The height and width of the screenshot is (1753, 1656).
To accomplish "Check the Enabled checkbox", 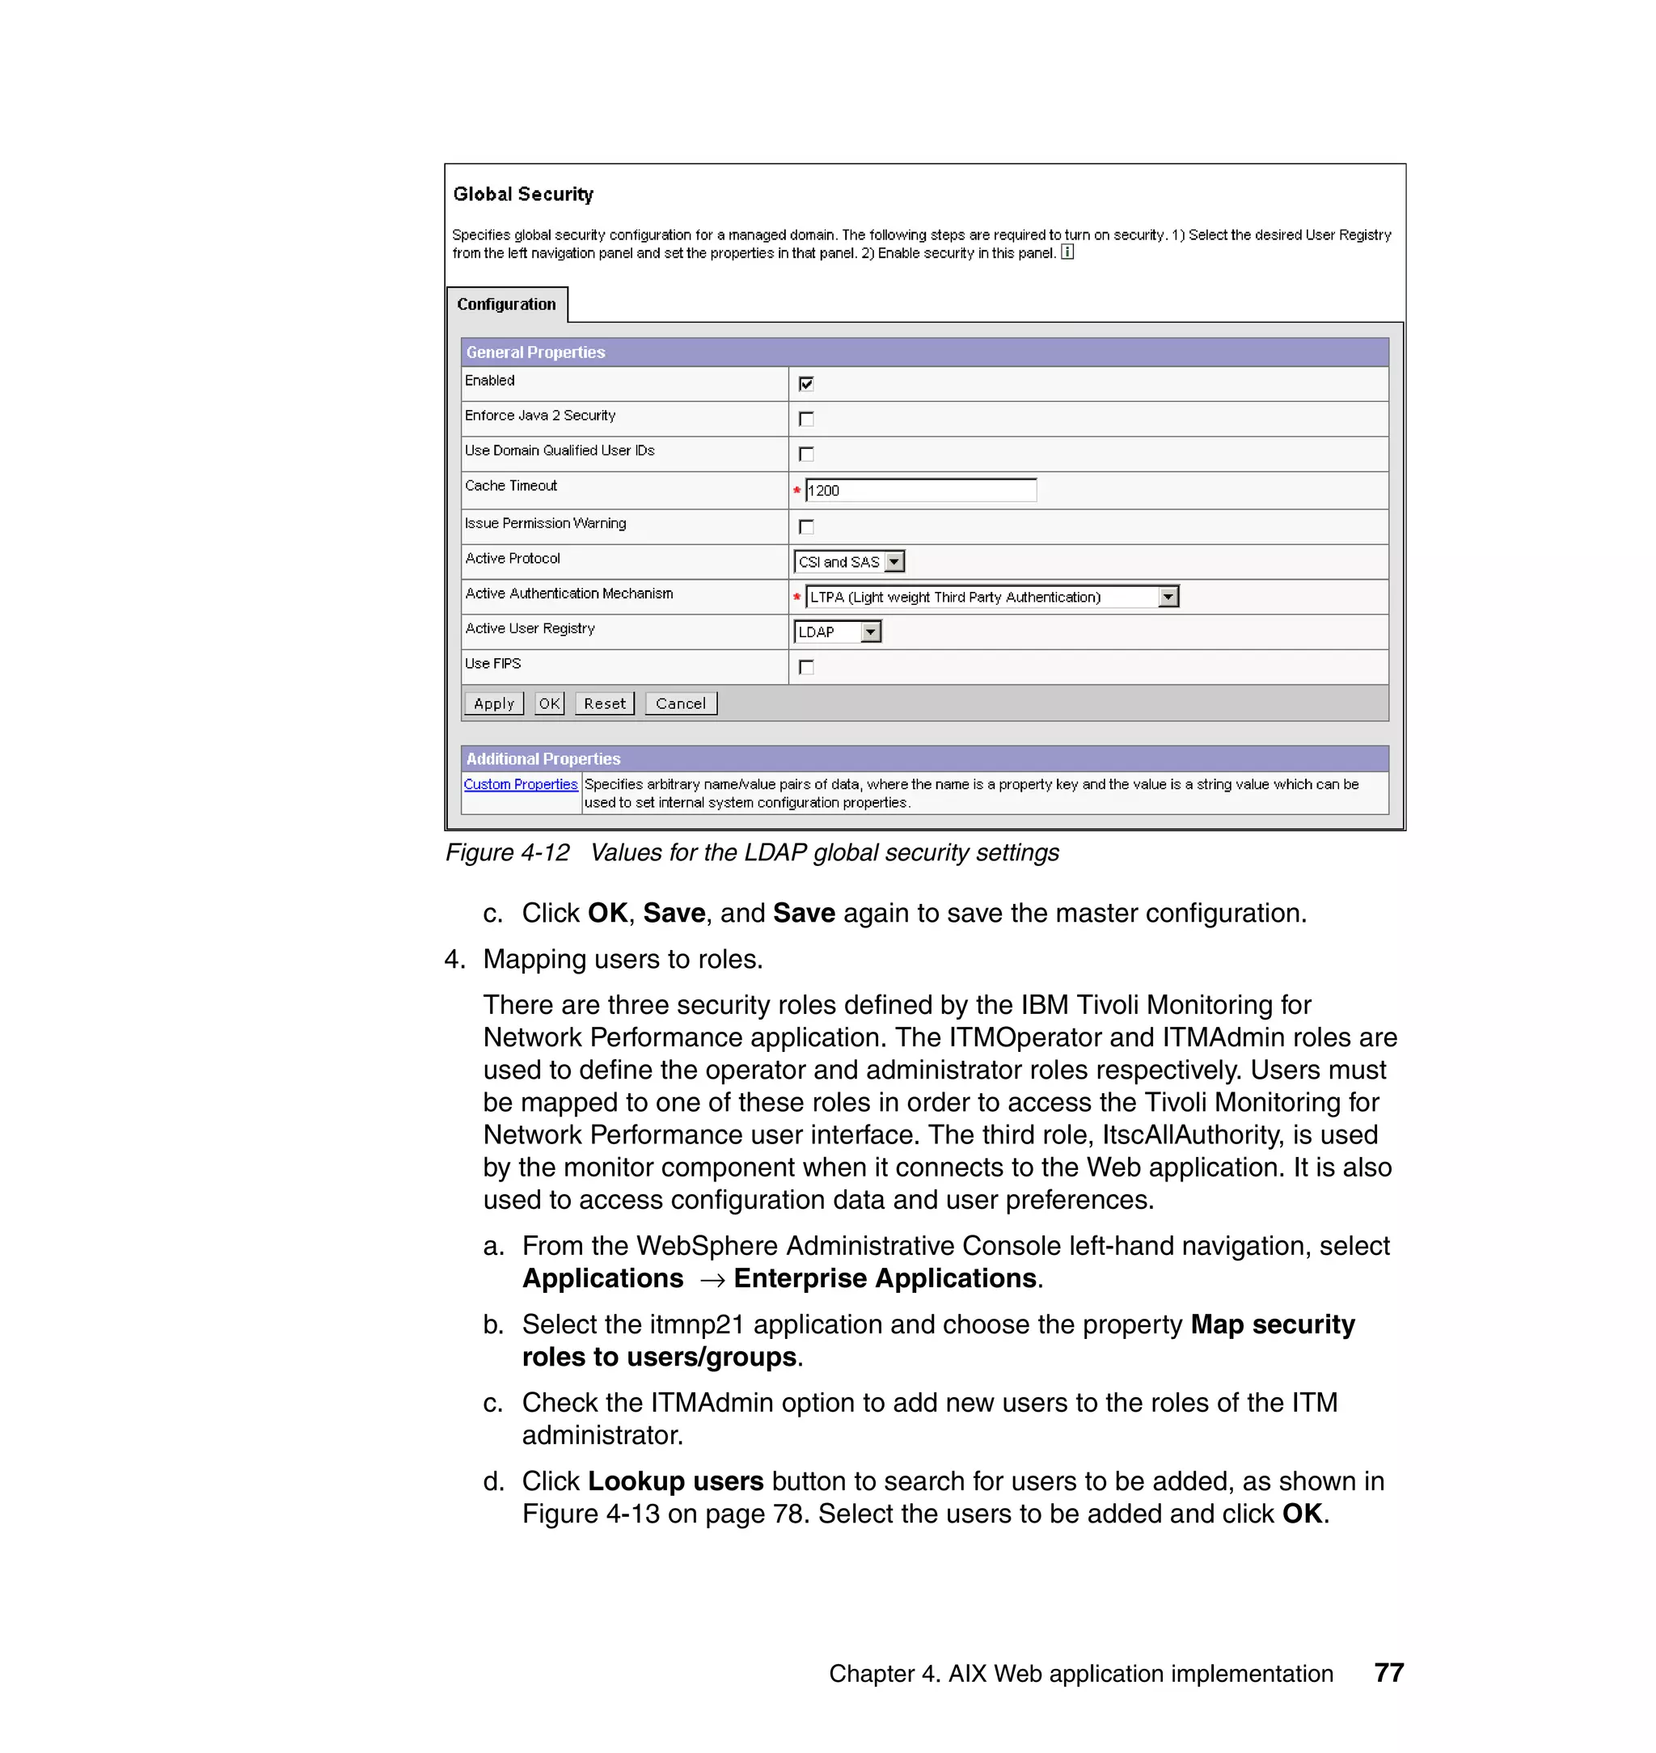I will [806, 383].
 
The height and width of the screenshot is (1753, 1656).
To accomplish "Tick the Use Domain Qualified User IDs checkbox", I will [806, 454].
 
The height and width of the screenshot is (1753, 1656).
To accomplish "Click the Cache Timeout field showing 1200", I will [920, 490].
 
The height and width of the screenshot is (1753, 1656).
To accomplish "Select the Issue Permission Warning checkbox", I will [806, 527].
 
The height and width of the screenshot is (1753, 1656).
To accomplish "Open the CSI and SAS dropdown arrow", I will [894, 561].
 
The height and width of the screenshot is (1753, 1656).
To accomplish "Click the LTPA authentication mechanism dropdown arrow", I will [1168, 597].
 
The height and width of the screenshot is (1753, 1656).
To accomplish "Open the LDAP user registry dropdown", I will [870, 632].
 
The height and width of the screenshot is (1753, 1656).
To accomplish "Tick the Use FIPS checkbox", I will [806, 667].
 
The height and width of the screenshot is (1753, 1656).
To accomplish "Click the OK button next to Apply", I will [549, 703].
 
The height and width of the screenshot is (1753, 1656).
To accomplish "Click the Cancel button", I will [681, 703].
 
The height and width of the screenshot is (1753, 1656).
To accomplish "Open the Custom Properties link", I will [521, 784].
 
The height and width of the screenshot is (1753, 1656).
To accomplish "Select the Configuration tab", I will [507, 305].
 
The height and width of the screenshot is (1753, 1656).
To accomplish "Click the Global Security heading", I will [522, 194].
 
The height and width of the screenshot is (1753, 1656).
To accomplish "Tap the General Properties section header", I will [536, 353].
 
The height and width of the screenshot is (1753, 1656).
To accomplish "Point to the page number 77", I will [1388, 1673].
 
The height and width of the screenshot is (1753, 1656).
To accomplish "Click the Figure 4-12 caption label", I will [508, 853].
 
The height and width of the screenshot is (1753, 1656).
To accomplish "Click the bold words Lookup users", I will [675, 1481].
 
